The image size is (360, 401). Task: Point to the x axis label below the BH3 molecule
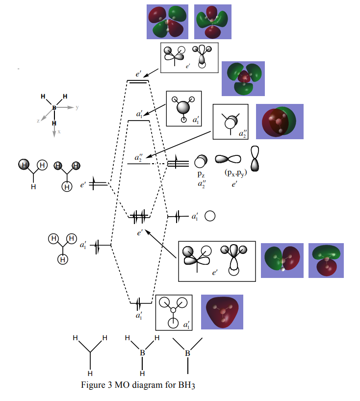59,131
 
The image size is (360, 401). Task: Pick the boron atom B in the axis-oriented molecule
54,107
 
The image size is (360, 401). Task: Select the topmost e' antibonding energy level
139,81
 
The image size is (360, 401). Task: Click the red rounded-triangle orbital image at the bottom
222,312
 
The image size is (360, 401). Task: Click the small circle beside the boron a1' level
210,216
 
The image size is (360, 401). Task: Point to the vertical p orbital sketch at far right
255,158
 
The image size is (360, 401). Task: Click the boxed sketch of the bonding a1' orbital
174,312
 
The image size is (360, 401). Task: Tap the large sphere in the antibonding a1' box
183,107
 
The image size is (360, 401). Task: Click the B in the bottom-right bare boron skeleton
187,353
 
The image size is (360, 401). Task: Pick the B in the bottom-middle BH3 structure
142,353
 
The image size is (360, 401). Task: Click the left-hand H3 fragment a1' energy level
97,245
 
